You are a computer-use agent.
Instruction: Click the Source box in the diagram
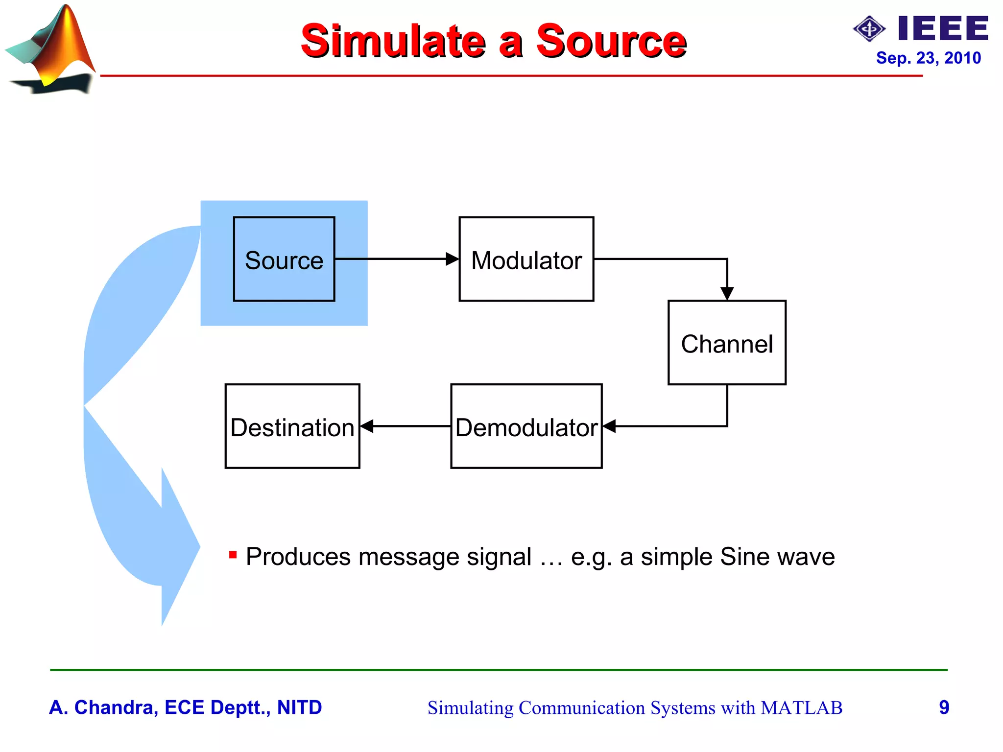tap(284, 259)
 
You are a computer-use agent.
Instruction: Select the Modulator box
tap(526, 259)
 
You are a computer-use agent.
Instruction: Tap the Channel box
tap(727, 343)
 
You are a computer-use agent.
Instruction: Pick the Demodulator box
tap(526, 426)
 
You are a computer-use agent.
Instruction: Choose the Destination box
tap(292, 426)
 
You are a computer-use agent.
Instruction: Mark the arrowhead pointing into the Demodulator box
tap(609, 426)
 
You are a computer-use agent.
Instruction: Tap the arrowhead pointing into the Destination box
tap(367, 426)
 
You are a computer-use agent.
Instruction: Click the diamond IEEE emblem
tap(869, 29)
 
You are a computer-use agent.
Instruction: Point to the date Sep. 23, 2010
tap(928, 58)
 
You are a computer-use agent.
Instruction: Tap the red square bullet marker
tap(233, 555)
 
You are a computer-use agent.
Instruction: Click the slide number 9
tap(944, 707)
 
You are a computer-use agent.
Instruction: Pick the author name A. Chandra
tap(103, 707)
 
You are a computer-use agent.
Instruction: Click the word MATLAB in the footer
tap(801, 708)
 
